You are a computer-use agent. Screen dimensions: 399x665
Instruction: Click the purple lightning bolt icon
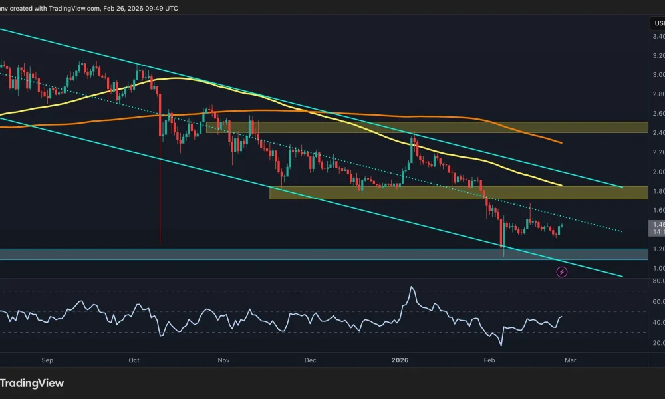coord(561,271)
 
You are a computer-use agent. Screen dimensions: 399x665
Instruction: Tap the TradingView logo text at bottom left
coord(32,383)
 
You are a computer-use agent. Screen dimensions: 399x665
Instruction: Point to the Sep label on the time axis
coord(47,360)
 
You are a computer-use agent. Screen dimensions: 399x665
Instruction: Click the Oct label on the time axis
coord(134,360)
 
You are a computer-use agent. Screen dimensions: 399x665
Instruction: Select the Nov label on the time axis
coord(223,360)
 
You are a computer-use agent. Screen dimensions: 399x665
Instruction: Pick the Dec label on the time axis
coord(310,360)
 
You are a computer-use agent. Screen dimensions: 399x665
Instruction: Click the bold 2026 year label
coord(399,360)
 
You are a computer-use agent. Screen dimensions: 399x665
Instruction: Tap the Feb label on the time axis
coord(489,360)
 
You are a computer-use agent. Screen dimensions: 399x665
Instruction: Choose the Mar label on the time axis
coord(569,360)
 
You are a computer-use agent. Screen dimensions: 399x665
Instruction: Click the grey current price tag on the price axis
coord(656,228)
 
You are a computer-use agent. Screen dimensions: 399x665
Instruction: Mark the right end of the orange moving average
coord(563,143)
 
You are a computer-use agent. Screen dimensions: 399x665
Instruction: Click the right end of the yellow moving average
coord(563,185)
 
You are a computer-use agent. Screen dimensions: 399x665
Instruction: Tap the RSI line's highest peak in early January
coord(412,287)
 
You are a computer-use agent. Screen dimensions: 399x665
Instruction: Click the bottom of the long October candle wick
coord(160,243)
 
